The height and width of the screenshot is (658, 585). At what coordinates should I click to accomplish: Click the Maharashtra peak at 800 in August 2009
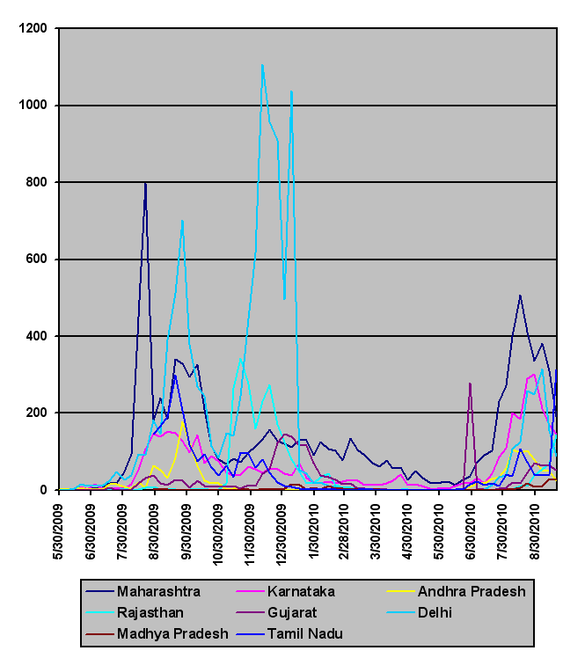145,183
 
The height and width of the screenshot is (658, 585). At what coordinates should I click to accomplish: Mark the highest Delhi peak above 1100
262,64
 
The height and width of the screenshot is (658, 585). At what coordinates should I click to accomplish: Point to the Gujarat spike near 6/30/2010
471,384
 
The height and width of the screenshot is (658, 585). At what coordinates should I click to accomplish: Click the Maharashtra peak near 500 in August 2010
520,296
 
